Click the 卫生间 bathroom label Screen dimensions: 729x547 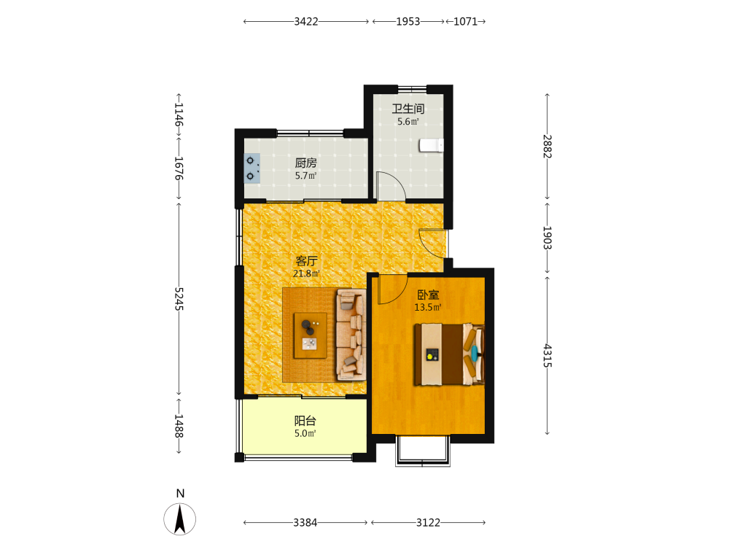pyautogui.click(x=408, y=109)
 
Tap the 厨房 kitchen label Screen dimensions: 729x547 pyautogui.click(x=306, y=163)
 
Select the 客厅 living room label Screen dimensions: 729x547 pyautogui.click(x=306, y=260)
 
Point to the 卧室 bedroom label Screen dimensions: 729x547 pyautogui.click(x=428, y=295)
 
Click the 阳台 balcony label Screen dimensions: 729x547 pyautogui.click(x=305, y=421)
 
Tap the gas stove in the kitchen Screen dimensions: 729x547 pyautogui.click(x=252, y=168)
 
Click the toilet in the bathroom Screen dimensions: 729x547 pyautogui.click(x=432, y=145)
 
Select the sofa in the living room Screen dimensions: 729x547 pyautogui.click(x=351, y=335)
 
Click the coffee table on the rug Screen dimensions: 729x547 pyautogui.click(x=310, y=335)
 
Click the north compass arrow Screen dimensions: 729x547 pyautogui.click(x=180, y=519)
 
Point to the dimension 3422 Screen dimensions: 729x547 pyautogui.click(x=306, y=21)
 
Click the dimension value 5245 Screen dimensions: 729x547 pyautogui.click(x=179, y=299)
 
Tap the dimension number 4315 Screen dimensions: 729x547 pyautogui.click(x=547, y=356)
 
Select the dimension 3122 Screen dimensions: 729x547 pyautogui.click(x=428, y=522)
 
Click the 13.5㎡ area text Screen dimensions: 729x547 pyautogui.click(x=428, y=307)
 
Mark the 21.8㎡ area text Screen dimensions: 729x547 pyautogui.click(x=306, y=273)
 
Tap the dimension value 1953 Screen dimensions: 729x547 pyautogui.click(x=408, y=21)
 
